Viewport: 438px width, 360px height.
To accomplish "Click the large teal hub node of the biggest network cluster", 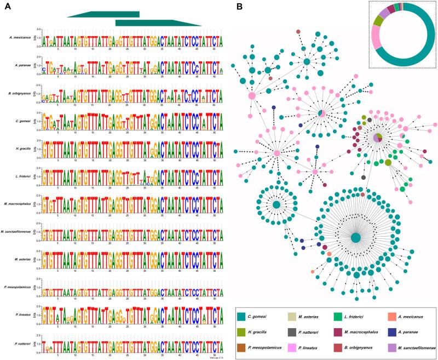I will (x=355, y=237).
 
